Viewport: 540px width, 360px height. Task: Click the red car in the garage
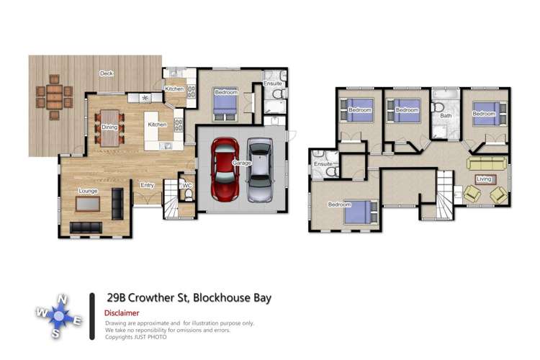tap(224, 169)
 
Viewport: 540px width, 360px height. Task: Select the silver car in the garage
tap(260, 171)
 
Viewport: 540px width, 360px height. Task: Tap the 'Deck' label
tap(107, 73)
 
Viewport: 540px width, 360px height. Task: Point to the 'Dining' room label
tap(109, 127)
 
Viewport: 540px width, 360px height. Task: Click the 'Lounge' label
tap(88, 191)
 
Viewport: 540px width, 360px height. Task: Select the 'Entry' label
tap(148, 185)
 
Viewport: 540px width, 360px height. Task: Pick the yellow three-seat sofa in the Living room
tap(487, 163)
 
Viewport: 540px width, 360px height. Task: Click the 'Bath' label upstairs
tap(446, 115)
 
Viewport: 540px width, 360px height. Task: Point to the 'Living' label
tap(485, 178)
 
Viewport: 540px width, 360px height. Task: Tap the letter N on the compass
tap(63, 300)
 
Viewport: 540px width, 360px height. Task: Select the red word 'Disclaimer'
tap(122, 313)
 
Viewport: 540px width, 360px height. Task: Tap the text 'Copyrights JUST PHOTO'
tap(137, 337)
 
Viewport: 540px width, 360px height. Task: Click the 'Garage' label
tap(241, 163)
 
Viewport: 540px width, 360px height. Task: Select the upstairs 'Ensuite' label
tap(323, 164)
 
